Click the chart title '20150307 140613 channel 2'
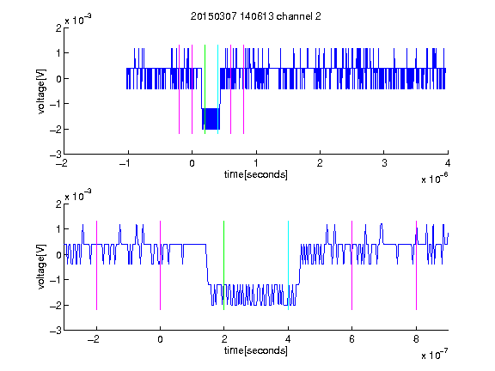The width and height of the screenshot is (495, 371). point(256,16)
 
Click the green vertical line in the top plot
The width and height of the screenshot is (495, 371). point(205,89)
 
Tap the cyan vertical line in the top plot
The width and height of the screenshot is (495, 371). point(217,89)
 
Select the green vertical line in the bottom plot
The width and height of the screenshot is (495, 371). point(223,265)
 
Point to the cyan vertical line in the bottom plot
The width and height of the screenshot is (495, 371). point(288,265)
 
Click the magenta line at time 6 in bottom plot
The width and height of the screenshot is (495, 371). point(352,265)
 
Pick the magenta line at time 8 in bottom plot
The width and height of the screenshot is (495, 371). point(416,265)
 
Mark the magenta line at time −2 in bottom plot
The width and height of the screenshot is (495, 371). point(96,265)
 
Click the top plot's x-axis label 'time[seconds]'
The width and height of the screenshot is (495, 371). point(256,174)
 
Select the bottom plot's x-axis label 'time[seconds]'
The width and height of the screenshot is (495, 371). point(256,350)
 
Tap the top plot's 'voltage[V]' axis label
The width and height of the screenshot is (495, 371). point(41,91)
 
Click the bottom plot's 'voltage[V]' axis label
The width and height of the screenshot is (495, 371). point(41,267)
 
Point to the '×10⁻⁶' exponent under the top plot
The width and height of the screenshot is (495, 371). point(434,178)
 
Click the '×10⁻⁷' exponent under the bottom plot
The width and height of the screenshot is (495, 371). point(434,354)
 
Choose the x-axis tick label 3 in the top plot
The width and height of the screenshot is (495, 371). point(384,163)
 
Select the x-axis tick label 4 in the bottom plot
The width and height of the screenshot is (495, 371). point(288,339)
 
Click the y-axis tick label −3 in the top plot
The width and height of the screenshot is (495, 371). point(56,155)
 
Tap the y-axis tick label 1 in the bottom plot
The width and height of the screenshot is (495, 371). point(58,228)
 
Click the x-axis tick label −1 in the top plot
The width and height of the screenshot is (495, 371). point(125,163)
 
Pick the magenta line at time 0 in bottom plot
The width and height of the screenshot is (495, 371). point(161,265)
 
